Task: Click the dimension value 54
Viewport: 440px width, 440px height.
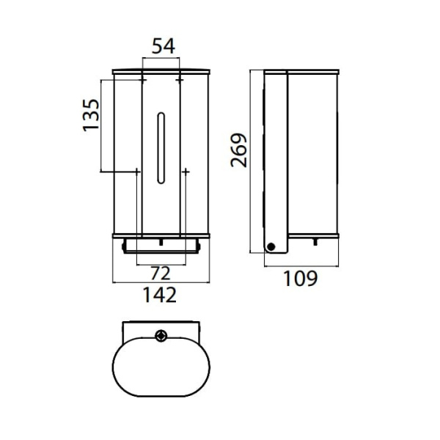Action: pyautogui.click(x=161, y=46)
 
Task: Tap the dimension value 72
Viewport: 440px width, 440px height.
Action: pyautogui.click(x=161, y=274)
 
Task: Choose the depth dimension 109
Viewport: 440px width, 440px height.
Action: pyautogui.click(x=301, y=279)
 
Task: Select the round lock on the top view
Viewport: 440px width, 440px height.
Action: pyautogui.click(x=161, y=337)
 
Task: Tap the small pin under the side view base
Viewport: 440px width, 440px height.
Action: pyautogui.click(x=316, y=241)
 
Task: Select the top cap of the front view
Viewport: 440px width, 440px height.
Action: pyautogui.click(x=161, y=71)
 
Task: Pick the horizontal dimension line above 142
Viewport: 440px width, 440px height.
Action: pyautogui.click(x=161, y=282)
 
